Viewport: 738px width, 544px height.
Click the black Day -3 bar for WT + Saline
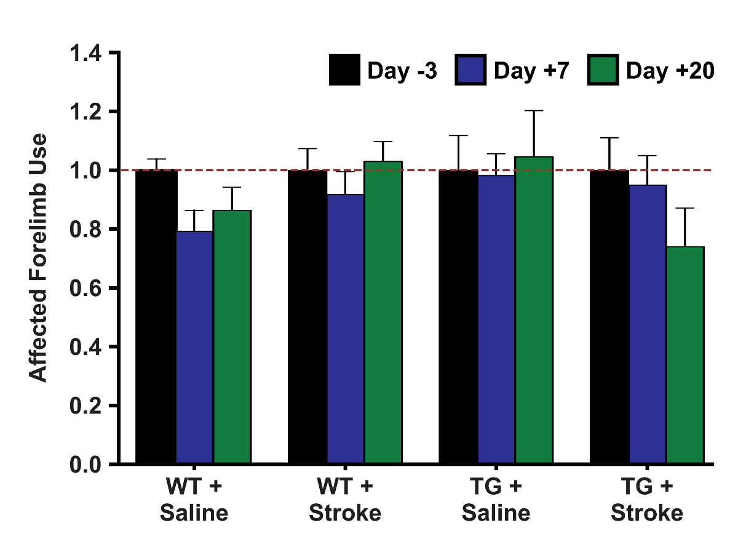156,316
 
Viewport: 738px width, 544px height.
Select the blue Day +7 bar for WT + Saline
194,347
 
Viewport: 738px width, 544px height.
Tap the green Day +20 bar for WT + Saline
232,337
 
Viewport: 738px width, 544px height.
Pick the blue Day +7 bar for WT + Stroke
346,329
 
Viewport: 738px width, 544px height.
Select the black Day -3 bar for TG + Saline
458,316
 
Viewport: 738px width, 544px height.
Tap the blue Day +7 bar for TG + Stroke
648,324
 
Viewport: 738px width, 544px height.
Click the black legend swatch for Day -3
345,70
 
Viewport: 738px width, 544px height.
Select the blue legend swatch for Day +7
471,70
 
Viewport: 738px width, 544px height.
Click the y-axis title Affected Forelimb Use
39,257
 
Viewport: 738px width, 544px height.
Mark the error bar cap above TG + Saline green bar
534,111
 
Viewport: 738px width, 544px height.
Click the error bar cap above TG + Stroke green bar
685,208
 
